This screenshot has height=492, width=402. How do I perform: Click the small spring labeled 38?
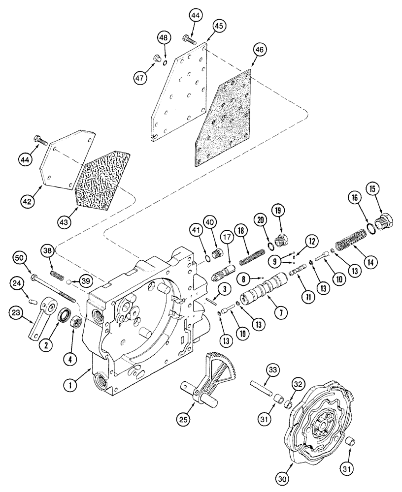57,272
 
